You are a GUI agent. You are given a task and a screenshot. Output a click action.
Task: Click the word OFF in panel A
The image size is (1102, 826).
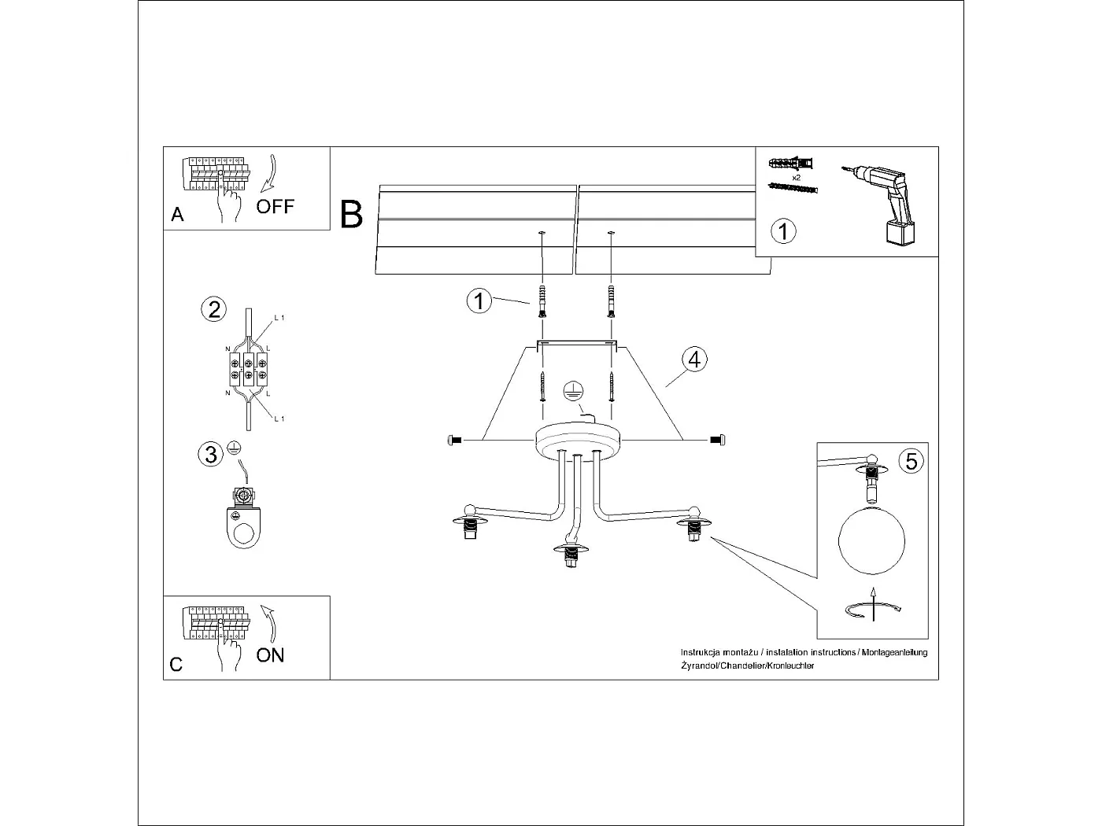[275, 207]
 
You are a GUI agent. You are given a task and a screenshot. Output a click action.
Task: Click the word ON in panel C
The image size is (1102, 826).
[270, 655]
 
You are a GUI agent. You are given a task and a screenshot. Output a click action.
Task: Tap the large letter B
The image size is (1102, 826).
[352, 214]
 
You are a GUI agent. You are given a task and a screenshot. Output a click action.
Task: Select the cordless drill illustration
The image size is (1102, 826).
[885, 204]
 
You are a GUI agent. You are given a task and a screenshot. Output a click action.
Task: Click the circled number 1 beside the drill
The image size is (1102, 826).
[782, 231]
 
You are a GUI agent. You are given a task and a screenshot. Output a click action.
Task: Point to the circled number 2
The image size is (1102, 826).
[213, 309]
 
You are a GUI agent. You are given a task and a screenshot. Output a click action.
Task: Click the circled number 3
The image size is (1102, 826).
[211, 454]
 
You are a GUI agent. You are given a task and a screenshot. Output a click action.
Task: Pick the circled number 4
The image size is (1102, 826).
[693, 360]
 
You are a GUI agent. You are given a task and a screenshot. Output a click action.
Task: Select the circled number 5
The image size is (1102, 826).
[911, 460]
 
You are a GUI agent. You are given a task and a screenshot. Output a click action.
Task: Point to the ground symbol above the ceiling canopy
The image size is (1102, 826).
[573, 391]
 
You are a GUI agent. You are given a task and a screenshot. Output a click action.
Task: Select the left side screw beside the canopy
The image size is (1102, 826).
[454, 440]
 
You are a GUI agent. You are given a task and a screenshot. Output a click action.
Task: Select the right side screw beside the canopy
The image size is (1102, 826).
[718, 440]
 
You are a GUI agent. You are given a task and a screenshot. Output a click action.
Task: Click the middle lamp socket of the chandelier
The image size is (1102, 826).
[573, 554]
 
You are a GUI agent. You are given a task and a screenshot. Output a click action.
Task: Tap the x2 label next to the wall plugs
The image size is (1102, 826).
[797, 179]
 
